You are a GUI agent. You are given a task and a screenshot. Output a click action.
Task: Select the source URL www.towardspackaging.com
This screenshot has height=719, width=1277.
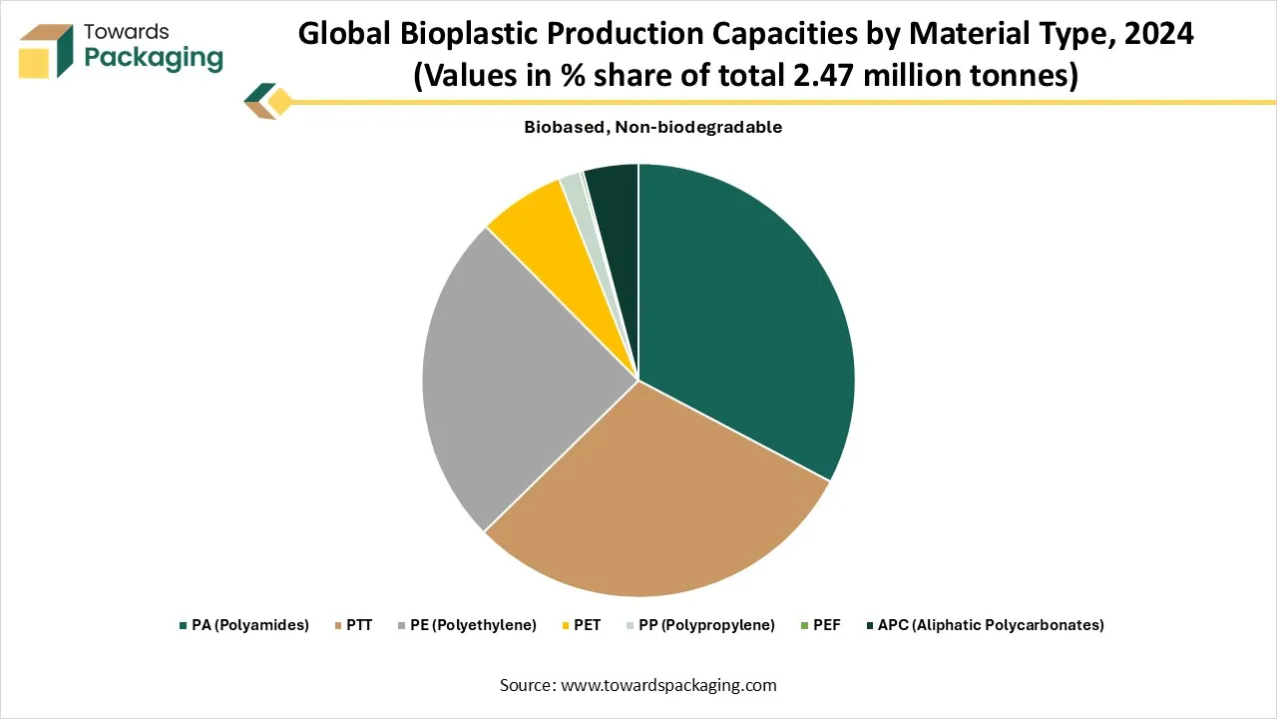click(x=668, y=685)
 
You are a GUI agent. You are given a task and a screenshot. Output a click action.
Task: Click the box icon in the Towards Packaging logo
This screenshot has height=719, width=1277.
click(x=46, y=51)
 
